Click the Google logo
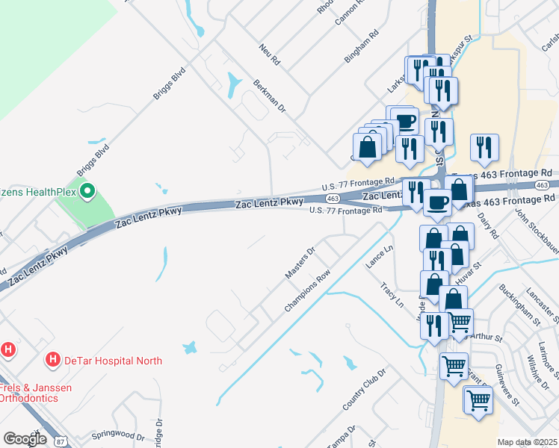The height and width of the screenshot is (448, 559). (25, 439)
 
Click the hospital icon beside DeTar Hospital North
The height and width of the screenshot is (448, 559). (53, 360)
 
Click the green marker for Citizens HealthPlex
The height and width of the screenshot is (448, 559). (87, 193)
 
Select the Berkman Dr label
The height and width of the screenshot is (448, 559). (270, 96)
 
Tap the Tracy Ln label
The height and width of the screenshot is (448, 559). (391, 296)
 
